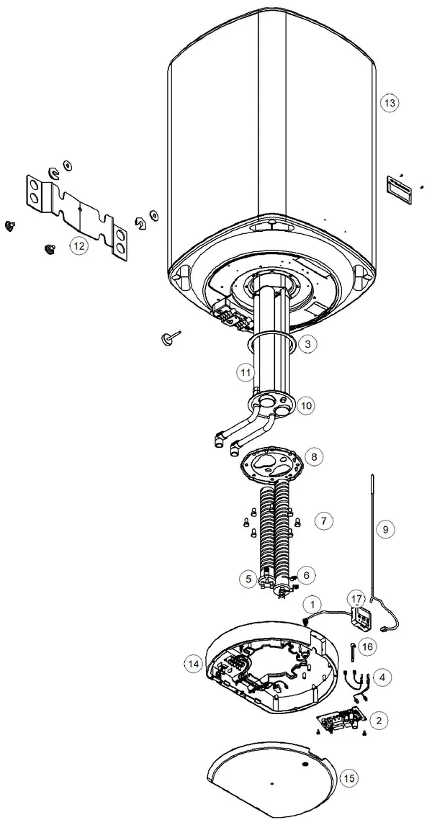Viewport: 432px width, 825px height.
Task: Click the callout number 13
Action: tap(390, 103)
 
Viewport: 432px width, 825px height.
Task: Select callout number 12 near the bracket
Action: tap(79, 245)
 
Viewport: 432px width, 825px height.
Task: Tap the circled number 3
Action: tap(308, 344)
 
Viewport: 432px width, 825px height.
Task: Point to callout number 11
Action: tap(245, 373)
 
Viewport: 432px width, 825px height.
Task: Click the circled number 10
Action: tap(306, 405)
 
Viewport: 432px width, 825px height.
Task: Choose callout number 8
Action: tap(314, 456)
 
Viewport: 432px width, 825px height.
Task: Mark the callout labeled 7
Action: tap(323, 521)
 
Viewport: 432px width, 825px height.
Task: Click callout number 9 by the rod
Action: tap(385, 529)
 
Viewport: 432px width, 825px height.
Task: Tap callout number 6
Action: tap(307, 575)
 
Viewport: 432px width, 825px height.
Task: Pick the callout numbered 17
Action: tap(357, 599)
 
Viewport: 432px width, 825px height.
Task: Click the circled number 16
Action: tap(369, 646)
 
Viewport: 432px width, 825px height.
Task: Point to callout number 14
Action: tap(194, 664)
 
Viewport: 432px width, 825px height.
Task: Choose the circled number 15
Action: tap(350, 778)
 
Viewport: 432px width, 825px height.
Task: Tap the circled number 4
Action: tap(382, 677)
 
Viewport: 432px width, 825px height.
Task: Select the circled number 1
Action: tap(313, 603)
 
